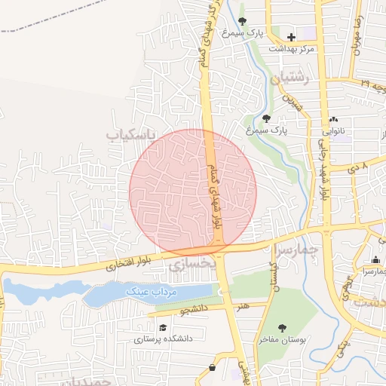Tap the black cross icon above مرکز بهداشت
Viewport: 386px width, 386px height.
point(292,37)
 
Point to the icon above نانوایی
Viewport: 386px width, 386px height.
point(334,118)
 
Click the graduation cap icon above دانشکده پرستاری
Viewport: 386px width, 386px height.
point(164,327)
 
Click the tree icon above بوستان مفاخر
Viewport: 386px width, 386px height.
point(281,328)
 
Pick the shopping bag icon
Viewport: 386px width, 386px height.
point(212,367)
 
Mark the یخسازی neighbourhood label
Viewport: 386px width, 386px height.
point(191,265)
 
